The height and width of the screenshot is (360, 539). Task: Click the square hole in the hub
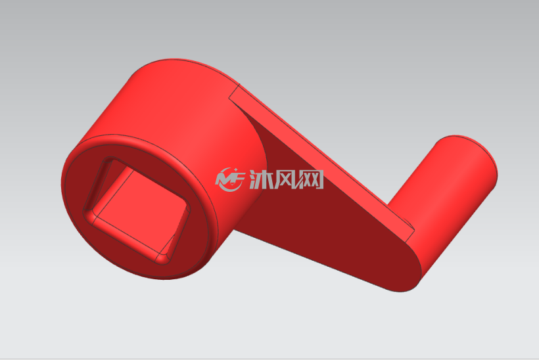pos(136,211)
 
